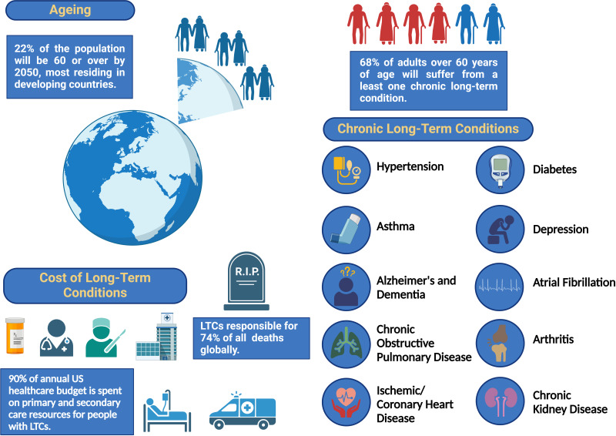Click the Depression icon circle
coord(500,228)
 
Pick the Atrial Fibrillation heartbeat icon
coord(500,284)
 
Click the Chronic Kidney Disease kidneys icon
coord(500,401)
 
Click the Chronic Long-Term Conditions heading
coord(427,129)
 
